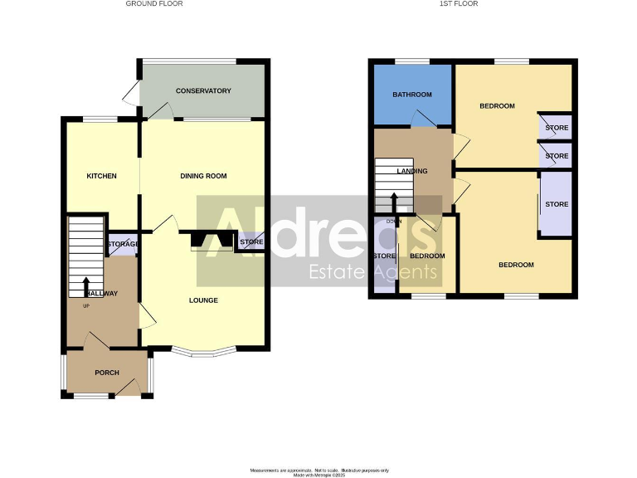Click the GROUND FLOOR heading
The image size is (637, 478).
(x=153, y=4)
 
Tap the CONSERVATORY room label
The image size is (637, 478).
(x=203, y=90)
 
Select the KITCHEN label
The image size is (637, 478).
(x=102, y=176)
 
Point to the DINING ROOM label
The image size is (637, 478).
(x=203, y=176)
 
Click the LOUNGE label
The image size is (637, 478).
(x=203, y=300)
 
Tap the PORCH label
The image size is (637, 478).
(x=107, y=373)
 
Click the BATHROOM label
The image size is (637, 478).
(x=412, y=95)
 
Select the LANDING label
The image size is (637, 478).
(x=412, y=171)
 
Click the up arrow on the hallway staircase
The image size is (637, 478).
(x=86, y=285)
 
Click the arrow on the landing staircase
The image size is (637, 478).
(x=393, y=201)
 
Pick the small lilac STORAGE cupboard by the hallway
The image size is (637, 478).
(x=123, y=244)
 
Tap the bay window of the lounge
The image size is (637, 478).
(x=203, y=353)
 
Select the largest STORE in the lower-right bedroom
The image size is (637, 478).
(x=556, y=204)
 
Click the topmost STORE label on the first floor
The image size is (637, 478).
(x=557, y=128)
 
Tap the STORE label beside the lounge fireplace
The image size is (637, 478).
(x=251, y=242)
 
